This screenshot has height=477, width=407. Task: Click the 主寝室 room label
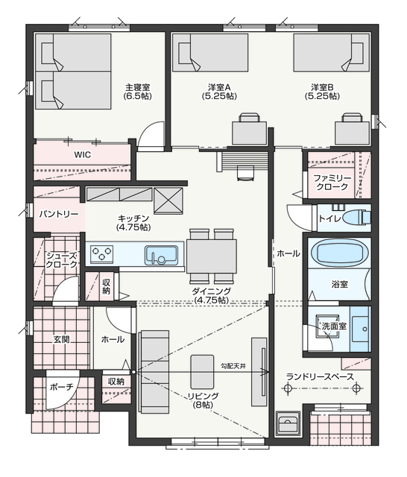point(138,88)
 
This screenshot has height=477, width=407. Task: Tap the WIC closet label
point(83,155)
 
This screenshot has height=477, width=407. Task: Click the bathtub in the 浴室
point(339,253)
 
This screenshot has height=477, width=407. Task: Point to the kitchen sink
point(161,255)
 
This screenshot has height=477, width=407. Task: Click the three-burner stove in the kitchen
point(102,254)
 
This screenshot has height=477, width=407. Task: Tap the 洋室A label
point(219,88)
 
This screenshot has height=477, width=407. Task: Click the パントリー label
point(59,215)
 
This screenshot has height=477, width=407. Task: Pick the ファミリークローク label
point(332,182)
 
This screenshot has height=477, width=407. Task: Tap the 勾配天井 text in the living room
point(233,367)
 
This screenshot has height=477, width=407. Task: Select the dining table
point(212,256)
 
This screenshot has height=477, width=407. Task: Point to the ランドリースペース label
point(320,377)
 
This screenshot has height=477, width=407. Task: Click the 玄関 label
point(61,340)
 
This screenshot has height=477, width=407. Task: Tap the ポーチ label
point(62,388)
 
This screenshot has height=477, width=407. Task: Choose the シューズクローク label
point(61,260)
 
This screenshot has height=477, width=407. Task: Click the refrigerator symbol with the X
point(168,200)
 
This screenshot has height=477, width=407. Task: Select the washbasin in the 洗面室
point(361,329)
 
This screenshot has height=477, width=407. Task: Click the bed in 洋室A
point(210,52)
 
